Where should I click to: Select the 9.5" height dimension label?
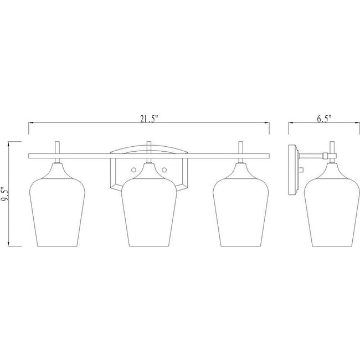(5, 194)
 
